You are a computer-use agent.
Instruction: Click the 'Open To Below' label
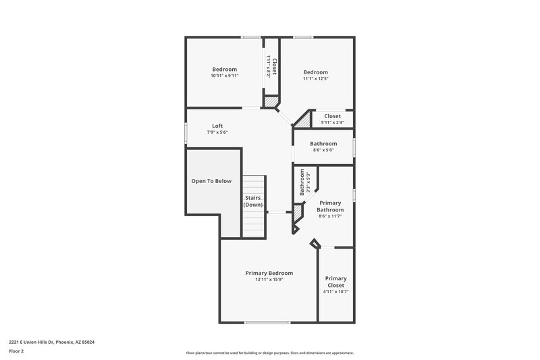(x=211, y=181)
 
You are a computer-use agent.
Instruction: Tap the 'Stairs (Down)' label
(x=253, y=201)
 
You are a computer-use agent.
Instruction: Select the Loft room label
(x=217, y=126)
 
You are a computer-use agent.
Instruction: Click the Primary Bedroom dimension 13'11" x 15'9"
(x=269, y=280)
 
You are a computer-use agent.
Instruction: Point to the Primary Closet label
(x=335, y=282)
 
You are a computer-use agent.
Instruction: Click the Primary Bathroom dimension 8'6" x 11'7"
(x=330, y=216)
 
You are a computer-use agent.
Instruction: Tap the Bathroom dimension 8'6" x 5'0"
(x=323, y=150)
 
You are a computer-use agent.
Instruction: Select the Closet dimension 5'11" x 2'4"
(x=332, y=122)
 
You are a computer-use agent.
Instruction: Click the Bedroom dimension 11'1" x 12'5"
(x=315, y=79)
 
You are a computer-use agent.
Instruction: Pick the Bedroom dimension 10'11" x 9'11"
(x=225, y=76)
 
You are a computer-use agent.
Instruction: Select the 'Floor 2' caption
(x=16, y=351)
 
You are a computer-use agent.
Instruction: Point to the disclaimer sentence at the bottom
(x=269, y=353)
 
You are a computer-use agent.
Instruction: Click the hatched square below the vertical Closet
(x=270, y=101)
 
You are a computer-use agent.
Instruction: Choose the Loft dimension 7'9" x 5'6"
(x=217, y=132)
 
